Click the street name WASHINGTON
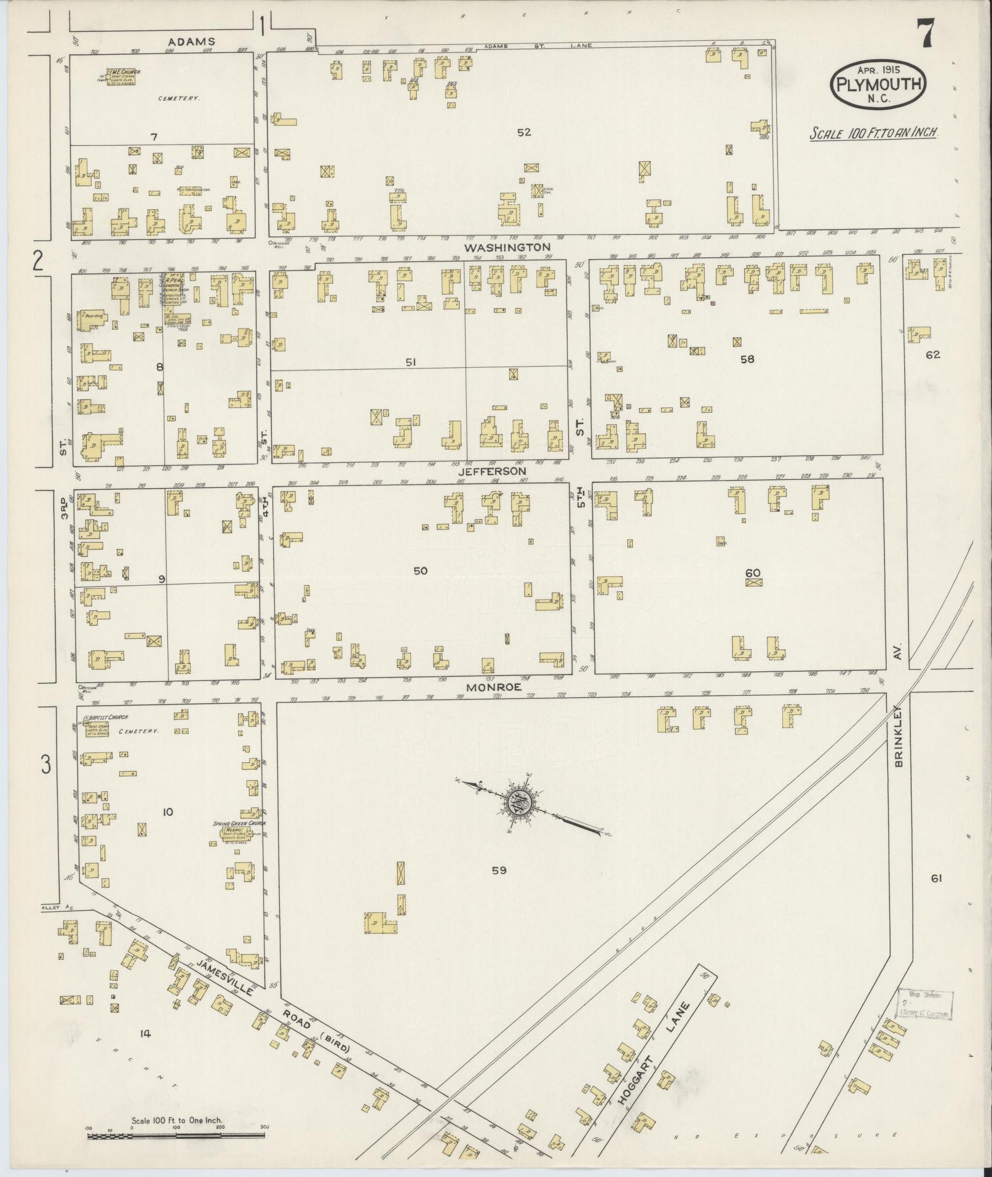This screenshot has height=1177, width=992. (x=507, y=247)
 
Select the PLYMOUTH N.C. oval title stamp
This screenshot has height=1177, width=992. (x=878, y=85)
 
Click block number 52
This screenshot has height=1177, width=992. (x=524, y=132)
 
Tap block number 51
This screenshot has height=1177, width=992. (x=410, y=363)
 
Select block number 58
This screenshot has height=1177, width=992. (x=747, y=359)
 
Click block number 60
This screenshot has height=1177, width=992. (x=753, y=573)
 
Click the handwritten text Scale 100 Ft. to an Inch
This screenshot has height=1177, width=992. (x=873, y=134)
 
